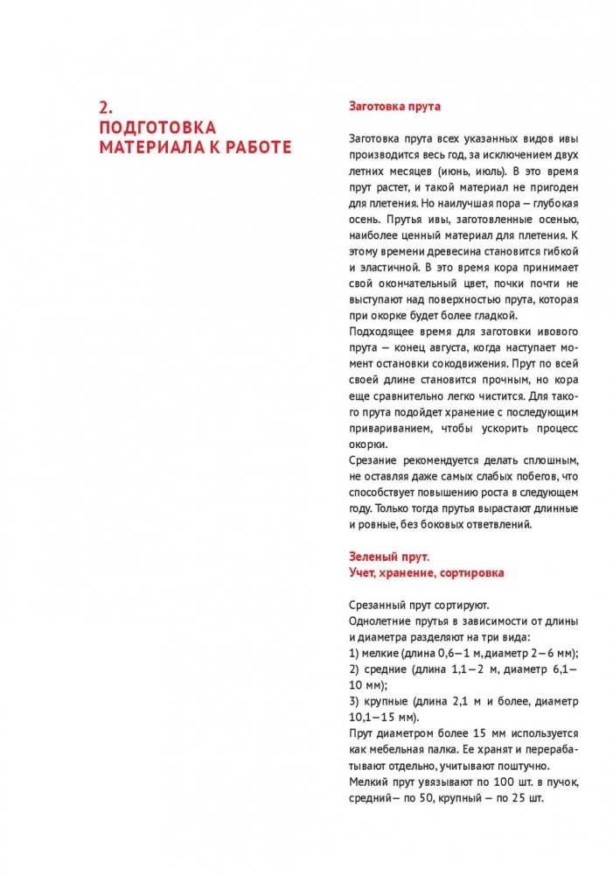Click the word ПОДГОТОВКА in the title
point(158,128)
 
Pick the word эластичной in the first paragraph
point(388,267)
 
